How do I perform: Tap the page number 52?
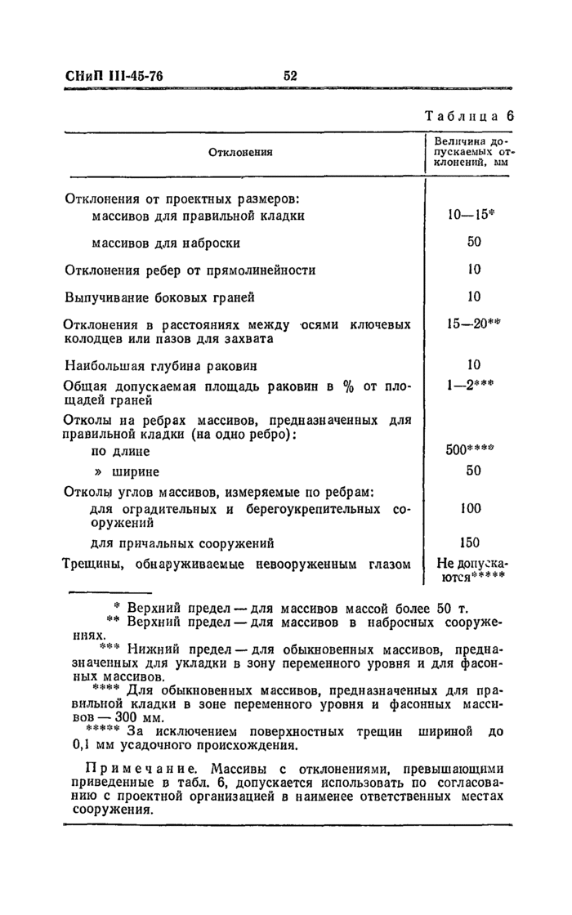[290, 76]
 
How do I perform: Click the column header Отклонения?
[240, 152]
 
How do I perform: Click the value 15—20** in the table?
[472, 324]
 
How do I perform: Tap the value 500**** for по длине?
[472, 450]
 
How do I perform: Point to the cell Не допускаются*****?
[471, 569]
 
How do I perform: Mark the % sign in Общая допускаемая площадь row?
[348, 386]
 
